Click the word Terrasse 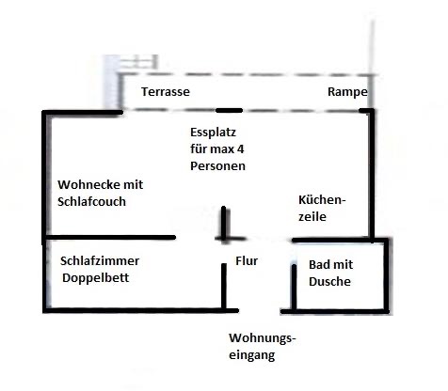coord(166,92)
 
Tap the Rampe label coord(347,92)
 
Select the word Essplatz coord(213,133)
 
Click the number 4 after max coord(240,149)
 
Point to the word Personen coord(217,165)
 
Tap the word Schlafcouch coord(91,201)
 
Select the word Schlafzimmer coord(100,261)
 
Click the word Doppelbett coord(95,278)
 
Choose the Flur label coord(247,260)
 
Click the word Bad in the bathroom coord(319,265)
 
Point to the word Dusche coord(329,281)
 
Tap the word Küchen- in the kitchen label coord(322,200)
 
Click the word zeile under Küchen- coord(312,216)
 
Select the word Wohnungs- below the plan coord(263,338)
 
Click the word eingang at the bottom coord(252,355)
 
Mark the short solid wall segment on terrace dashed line coord(230,110)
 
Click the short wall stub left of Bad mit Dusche coord(294,287)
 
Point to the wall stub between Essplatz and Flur coord(224,223)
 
